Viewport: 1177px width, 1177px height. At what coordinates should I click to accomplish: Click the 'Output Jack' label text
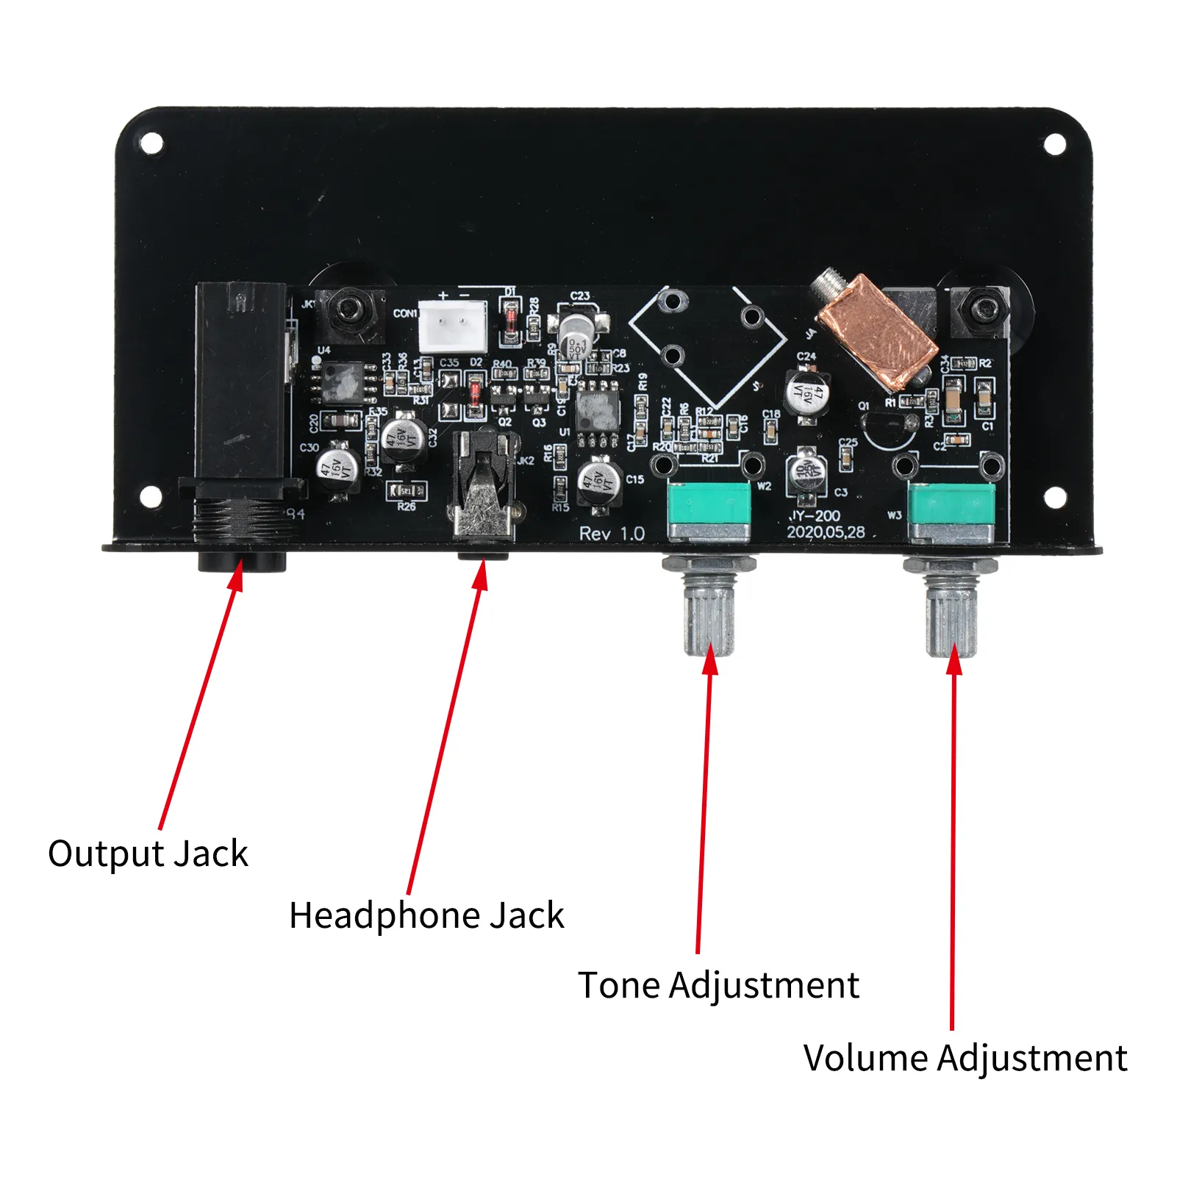coord(148,854)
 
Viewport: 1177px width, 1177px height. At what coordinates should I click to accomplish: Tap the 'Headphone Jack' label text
coord(426,916)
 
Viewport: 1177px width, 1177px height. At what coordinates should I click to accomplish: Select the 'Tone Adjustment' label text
coord(718,985)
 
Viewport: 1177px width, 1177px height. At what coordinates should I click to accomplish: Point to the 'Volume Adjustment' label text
coord(965,1059)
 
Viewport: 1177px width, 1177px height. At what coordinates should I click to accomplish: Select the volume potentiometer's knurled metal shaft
coord(951,614)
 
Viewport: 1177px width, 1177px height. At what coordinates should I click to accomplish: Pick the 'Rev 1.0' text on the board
coord(612,534)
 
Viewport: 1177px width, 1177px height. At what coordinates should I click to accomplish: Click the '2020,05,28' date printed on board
coord(826,532)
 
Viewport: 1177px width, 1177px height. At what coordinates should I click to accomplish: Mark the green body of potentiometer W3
coord(951,505)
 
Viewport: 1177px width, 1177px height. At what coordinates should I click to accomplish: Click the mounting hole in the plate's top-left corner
coord(151,143)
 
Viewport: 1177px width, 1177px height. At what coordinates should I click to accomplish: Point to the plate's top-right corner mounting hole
coord(1054,145)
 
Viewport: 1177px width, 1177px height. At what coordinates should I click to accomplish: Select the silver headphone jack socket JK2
coord(483,485)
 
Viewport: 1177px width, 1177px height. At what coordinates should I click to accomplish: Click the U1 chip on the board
coord(598,412)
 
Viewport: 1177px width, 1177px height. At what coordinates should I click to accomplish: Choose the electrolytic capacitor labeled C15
coord(599,482)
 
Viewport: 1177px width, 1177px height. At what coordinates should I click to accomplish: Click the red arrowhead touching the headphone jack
coord(481,573)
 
